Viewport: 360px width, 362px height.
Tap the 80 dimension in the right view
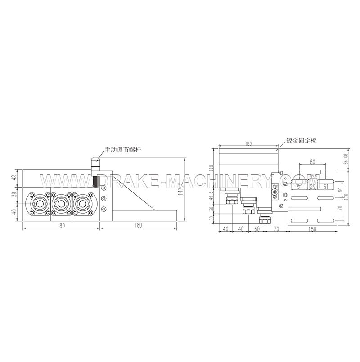(x=312, y=161)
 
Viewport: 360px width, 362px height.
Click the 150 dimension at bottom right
(x=312, y=229)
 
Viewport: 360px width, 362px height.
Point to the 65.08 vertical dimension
(x=346, y=159)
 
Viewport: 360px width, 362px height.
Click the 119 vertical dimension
(x=210, y=169)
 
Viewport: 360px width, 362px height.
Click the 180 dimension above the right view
(x=248, y=144)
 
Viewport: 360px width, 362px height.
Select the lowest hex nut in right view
(x=264, y=221)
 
